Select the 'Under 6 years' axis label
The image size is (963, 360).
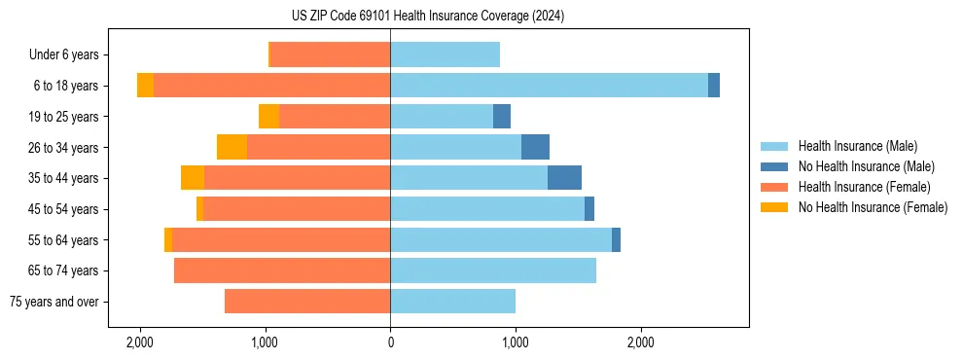click(x=69, y=55)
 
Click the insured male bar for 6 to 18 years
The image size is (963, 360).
click(x=549, y=86)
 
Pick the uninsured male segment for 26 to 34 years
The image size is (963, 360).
click(x=535, y=147)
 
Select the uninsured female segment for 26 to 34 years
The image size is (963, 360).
click(x=232, y=147)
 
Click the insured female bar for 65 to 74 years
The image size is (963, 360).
click(x=282, y=270)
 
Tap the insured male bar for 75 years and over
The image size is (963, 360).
click(x=452, y=302)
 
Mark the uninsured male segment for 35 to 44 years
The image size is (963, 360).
click(x=564, y=178)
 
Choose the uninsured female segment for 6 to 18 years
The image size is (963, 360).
click(x=145, y=86)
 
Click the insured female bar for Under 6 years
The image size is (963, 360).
click(x=330, y=54)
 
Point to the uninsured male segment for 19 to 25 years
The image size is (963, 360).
click(x=502, y=117)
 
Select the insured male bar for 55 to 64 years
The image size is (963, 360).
click(x=501, y=239)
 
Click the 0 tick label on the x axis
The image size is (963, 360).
click(x=390, y=342)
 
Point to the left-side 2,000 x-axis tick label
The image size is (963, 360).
click(x=140, y=342)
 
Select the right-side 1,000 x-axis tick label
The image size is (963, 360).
click(x=515, y=342)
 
